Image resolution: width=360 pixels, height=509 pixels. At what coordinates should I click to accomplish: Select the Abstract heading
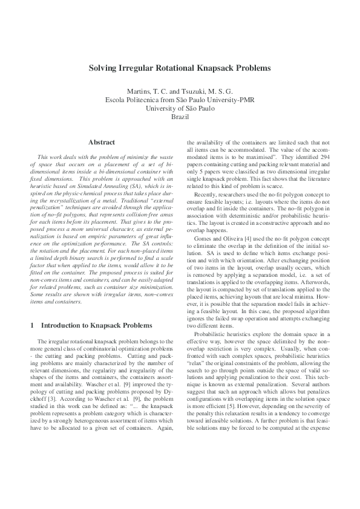tap(102, 143)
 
